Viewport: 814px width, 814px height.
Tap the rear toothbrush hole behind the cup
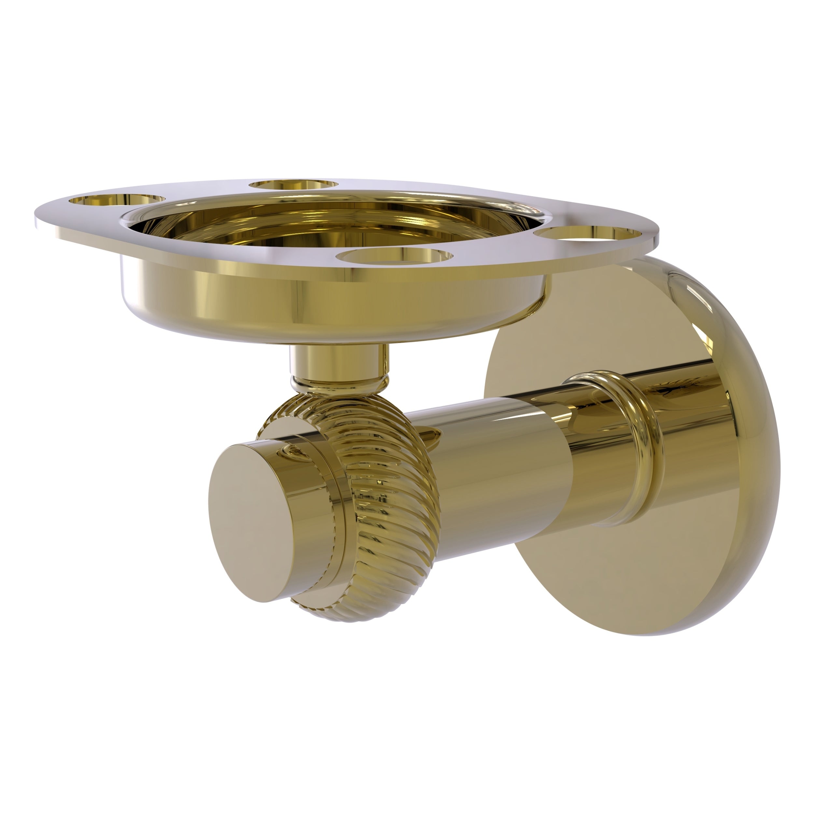[x=294, y=185]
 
